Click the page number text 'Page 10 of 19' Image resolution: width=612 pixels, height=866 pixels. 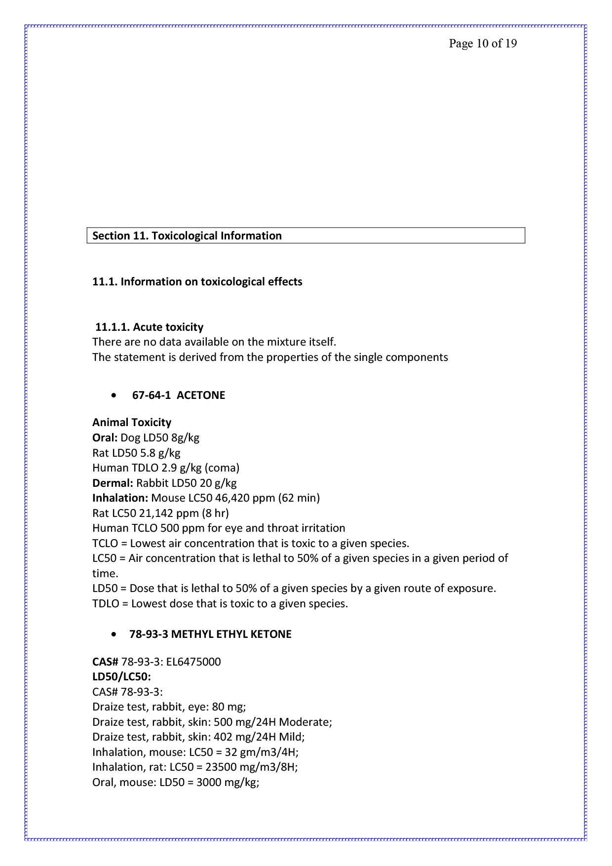pyautogui.click(x=483, y=44)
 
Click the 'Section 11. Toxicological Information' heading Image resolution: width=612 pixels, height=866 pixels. pyautogui.click(x=187, y=236)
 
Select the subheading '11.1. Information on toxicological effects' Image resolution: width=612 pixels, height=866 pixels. pyautogui.click(x=197, y=282)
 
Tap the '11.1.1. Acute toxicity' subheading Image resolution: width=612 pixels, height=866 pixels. pyautogui.click(x=149, y=327)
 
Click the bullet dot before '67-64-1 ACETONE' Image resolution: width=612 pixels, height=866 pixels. pyautogui.click(x=115, y=395)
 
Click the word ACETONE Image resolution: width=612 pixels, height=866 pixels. pyautogui.click(x=201, y=395)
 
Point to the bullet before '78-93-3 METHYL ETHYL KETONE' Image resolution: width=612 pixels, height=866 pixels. pyautogui.click(x=115, y=634)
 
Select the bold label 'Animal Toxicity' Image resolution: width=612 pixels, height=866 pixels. pyautogui.click(x=132, y=423)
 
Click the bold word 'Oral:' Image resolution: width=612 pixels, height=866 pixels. pyautogui.click(x=105, y=438)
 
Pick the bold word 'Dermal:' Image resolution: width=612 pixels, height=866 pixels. pyautogui.click(x=113, y=483)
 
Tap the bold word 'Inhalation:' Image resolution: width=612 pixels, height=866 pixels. pyautogui.click(x=120, y=498)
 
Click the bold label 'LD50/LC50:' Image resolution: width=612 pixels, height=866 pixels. pyautogui.click(x=121, y=677)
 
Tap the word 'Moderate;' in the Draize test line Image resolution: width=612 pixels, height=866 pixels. pyautogui.click(x=306, y=722)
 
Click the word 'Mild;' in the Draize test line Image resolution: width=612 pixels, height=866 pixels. pyautogui.click(x=292, y=737)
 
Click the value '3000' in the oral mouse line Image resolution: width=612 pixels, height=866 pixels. pyautogui.click(x=208, y=783)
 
